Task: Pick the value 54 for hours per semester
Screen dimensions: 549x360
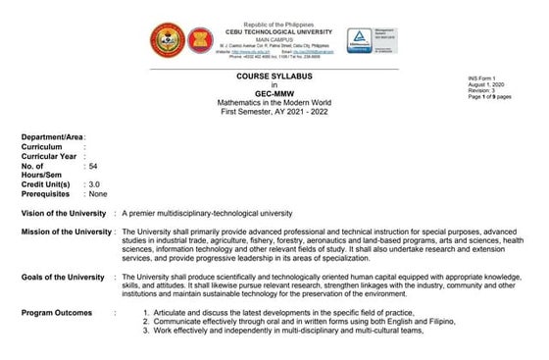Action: pyautogui.click(x=93, y=167)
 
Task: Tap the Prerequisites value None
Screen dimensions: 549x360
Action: pyautogui.click(x=97, y=193)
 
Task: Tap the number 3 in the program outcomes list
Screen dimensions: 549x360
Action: pyautogui.click(x=145, y=331)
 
